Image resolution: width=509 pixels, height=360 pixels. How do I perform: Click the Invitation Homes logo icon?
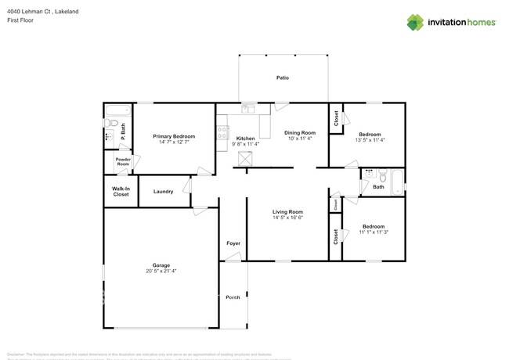[415, 23]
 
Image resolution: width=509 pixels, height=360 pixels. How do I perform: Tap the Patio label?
[283, 77]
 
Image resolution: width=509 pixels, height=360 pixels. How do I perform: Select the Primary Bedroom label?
[174, 136]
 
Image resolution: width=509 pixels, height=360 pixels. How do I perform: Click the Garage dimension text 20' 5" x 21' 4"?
[161, 271]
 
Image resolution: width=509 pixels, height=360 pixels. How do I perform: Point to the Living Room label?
[287, 211]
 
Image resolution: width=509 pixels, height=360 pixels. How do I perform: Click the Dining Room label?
[299, 133]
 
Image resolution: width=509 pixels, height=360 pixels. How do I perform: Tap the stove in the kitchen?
[222, 132]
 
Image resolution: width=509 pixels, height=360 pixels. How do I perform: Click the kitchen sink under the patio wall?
[248, 109]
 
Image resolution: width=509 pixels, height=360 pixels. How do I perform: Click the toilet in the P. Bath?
[110, 123]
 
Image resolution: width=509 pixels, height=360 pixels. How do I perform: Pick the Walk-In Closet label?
[121, 191]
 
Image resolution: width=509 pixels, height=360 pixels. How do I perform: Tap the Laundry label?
[163, 191]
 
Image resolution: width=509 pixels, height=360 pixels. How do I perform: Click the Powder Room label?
[123, 162]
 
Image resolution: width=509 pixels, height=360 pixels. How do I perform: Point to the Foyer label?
[233, 243]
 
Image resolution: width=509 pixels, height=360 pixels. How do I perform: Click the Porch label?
[233, 297]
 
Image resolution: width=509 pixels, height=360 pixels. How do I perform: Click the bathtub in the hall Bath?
[398, 182]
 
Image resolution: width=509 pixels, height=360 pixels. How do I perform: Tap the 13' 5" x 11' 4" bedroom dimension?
[370, 140]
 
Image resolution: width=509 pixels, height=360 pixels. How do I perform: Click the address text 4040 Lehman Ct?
[31, 12]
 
